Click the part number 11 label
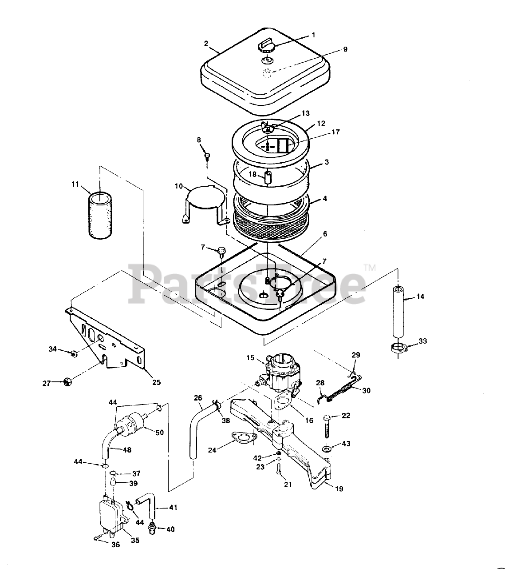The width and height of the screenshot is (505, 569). coord(75,184)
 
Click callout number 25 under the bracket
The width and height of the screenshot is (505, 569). coord(156,382)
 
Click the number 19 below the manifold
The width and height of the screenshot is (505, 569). coord(339,489)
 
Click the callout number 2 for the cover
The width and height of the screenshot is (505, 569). coord(206,43)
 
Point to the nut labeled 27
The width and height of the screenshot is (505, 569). coord(67,381)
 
